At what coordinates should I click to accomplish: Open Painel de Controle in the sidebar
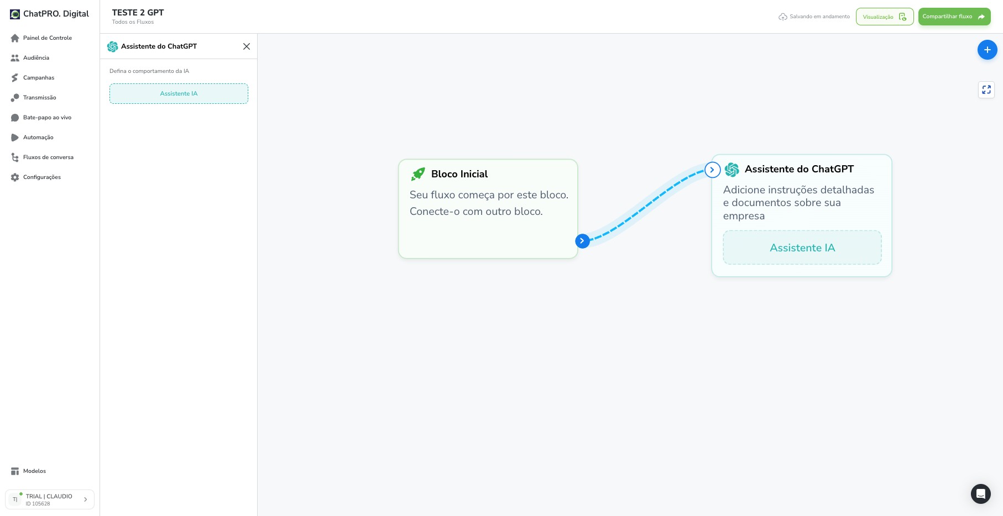pyautogui.click(x=41, y=38)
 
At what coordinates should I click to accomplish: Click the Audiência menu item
pyautogui.click(x=30, y=58)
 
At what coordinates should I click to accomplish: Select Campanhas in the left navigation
pyautogui.click(x=33, y=78)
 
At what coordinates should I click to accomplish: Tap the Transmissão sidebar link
pyautogui.click(x=33, y=98)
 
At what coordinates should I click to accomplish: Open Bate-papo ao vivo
pyautogui.click(x=41, y=118)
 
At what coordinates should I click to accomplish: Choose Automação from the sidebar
pyautogui.click(x=32, y=138)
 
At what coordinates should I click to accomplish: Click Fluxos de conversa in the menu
pyautogui.click(x=42, y=157)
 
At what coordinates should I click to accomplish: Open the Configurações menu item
pyautogui.click(x=36, y=177)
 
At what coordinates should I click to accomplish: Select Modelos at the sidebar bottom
pyautogui.click(x=28, y=471)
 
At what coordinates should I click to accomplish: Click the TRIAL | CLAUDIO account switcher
pyautogui.click(x=50, y=499)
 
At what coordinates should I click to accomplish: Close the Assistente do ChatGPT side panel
pyautogui.click(x=247, y=46)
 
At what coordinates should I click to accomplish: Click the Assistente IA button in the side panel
pyautogui.click(x=179, y=93)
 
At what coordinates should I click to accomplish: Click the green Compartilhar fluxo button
pyautogui.click(x=954, y=17)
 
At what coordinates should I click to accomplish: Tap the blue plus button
pyautogui.click(x=987, y=50)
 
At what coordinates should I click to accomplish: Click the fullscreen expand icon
pyautogui.click(x=986, y=89)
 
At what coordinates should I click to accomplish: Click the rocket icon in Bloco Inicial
pyautogui.click(x=418, y=174)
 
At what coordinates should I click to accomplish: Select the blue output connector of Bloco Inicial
pyautogui.click(x=582, y=241)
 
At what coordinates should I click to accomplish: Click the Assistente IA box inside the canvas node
pyautogui.click(x=802, y=248)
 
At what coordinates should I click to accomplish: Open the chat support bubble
pyautogui.click(x=980, y=494)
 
